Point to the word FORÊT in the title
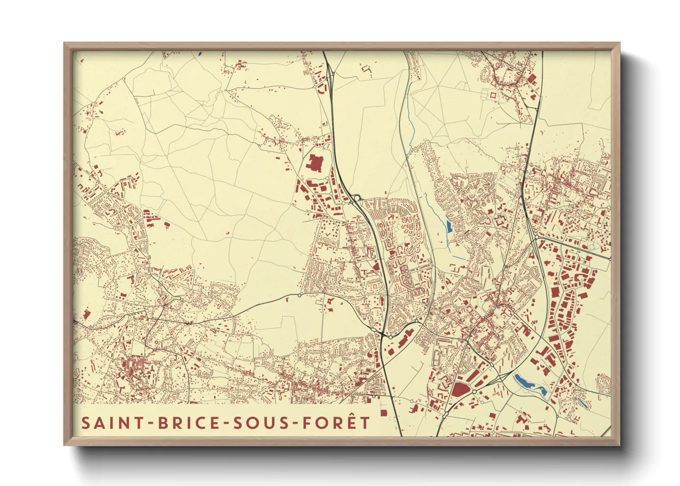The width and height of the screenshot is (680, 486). click(336, 423)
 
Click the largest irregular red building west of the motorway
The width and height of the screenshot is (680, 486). click(315, 164)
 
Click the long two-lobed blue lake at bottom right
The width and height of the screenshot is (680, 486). click(528, 384)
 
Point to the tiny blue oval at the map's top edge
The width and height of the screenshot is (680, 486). click(200, 54)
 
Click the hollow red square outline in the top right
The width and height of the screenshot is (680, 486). click(493, 95)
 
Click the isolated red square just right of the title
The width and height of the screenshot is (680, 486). click(384, 413)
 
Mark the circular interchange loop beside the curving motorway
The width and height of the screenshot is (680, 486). click(357, 198)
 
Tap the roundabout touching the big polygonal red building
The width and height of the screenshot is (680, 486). click(474, 391)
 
